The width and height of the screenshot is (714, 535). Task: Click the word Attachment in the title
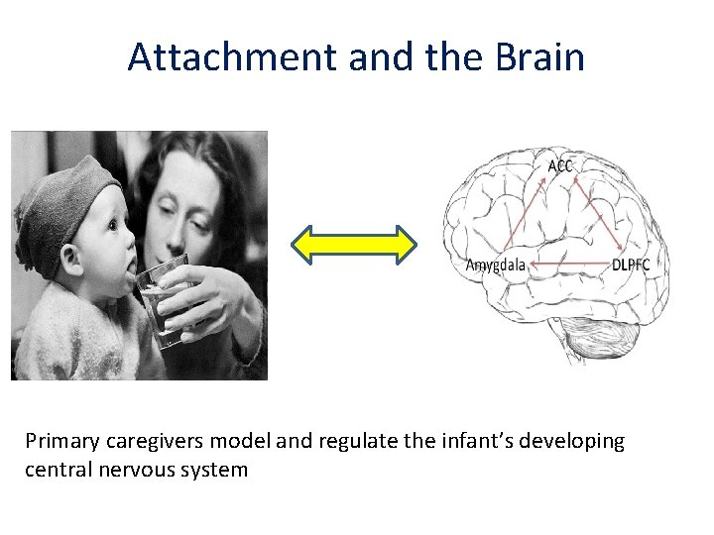pyautogui.click(x=233, y=57)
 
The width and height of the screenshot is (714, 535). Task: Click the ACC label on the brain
pyautogui.click(x=559, y=165)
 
